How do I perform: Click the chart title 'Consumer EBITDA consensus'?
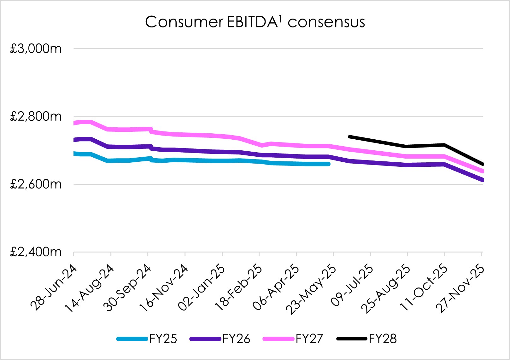tap(255, 22)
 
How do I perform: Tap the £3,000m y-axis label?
tap(36, 49)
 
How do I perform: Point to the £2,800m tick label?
tap(36, 117)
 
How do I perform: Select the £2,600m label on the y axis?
tap(36, 184)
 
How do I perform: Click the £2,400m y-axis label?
tap(36, 252)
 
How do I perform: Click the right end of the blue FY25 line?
tap(329, 164)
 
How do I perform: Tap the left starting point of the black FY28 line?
tap(349, 137)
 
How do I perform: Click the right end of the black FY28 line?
tap(482, 164)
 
